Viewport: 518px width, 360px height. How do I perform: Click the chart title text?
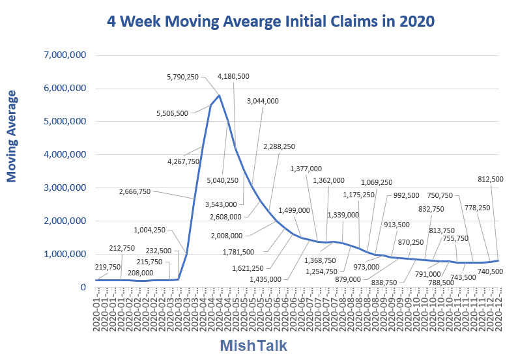pyautogui.click(x=269, y=21)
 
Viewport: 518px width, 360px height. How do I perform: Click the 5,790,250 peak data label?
pyautogui.click(x=186, y=77)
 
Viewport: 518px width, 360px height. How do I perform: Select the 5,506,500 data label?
pyautogui.click(x=173, y=113)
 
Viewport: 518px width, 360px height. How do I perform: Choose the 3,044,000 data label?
pyautogui.click(x=263, y=101)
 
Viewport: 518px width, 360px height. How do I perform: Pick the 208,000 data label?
pyautogui.click(x=141, y=273)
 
